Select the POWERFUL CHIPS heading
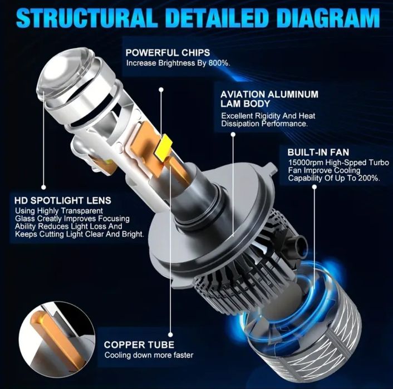[x=167, y=52]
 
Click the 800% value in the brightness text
[x=219, y=63]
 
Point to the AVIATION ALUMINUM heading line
[x=269, y=94]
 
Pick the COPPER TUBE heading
[x=139, y=344]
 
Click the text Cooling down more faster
[x=149, y=356]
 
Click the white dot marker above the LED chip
[x=161, y=88]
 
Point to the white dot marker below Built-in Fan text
[x=315, y=188]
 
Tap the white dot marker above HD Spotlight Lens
[x=43, y=187]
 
